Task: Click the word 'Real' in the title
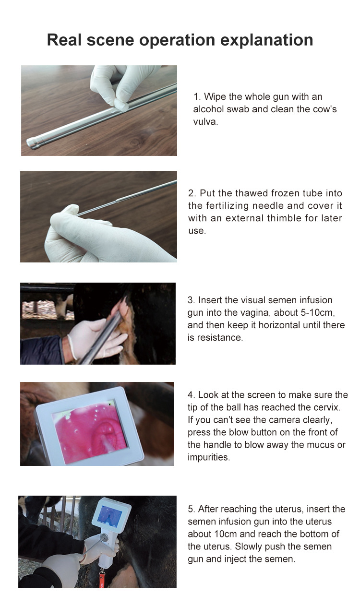click(x=64, y=40)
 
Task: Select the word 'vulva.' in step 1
click(x=205, y=122)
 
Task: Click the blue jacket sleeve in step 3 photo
click(x=41, y=350)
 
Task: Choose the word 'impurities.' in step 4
click(x=209, y=457)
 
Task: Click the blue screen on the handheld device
click(x=109, y=515)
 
